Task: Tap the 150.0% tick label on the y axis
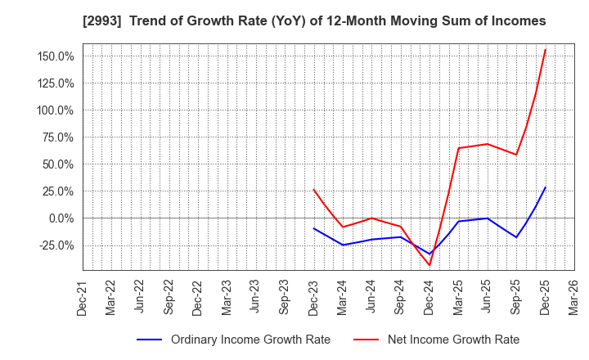[x=56, y=56]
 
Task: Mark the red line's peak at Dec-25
[x=545, y=49]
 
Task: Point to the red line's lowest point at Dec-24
[x=429, y=265]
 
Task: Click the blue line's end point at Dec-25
[x=545, y=187]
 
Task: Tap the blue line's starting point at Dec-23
[x=313, y=228]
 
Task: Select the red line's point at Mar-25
[x=458, y=148]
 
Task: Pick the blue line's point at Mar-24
[x=343, y=245]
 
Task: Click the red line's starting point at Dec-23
[x=313, y=189]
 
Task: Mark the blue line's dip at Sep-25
[x=516, y=237]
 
